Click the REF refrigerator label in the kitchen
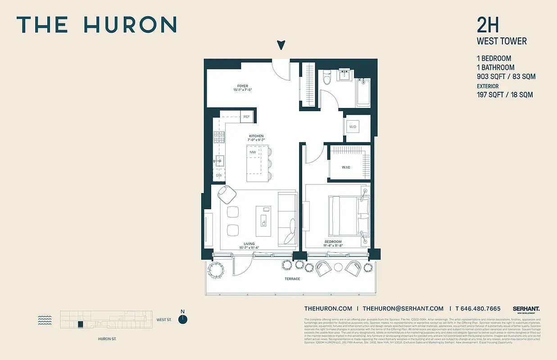pos(246,117)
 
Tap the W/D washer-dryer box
pos(353,127)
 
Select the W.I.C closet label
pos(346,168)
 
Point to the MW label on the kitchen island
pos(253,152)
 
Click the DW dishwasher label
pos(219,175)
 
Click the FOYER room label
pos(243,86)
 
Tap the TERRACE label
pos(292,279)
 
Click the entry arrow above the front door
pos(281,45)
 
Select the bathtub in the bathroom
pos(363,93)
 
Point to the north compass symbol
pos(183,319)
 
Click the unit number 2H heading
pos(488,26)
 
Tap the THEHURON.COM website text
pos(328,309)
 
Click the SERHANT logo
pos(526,309)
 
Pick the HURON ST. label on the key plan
pos(107,339)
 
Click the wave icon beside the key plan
pos(45,320)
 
